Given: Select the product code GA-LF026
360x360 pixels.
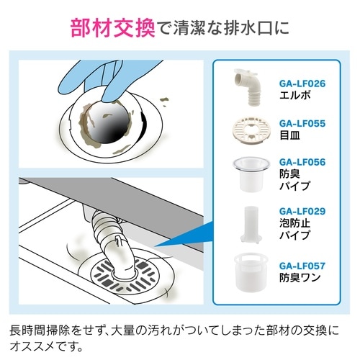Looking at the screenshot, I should point(302,84).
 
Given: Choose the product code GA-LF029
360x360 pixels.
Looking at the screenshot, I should point(302,210).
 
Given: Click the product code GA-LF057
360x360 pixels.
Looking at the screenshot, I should point(302,265).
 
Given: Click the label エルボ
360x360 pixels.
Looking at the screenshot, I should point(294,95).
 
